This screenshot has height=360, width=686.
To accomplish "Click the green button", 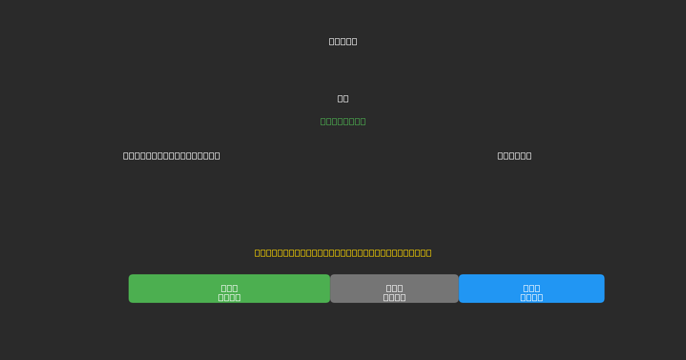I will click(229, 289).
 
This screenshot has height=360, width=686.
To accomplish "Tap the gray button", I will click(394, 289).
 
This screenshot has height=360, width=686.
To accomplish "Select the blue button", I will click(532, 289).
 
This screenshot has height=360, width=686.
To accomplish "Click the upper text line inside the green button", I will click(229, 288).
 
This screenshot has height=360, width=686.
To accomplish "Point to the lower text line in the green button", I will click(229, 297).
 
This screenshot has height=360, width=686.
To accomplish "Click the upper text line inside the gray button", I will click(394, 288).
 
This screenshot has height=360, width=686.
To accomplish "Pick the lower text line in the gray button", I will click(394, 297).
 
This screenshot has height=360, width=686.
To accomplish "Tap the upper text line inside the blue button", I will click(532, 288).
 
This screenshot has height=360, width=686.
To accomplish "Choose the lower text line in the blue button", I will click(532, 297).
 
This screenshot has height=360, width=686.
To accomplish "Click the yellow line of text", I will click(343, 253).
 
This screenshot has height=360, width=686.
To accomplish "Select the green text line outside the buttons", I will click(343, 121).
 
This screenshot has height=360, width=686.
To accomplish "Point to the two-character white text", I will click(343, 98).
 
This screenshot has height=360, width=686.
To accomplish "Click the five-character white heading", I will click(343, 41).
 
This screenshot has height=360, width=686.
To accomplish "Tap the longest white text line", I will click(171, 155).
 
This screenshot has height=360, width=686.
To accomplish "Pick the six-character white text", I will click(514, 155).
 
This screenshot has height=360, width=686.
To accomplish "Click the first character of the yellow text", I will click(258, 253).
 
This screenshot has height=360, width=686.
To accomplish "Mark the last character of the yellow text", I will click(428, 253).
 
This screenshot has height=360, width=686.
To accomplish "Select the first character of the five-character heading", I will click(332, 41).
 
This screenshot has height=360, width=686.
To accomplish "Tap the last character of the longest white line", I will click(216, 155).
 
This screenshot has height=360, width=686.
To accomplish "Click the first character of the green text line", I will click(324, 121).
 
